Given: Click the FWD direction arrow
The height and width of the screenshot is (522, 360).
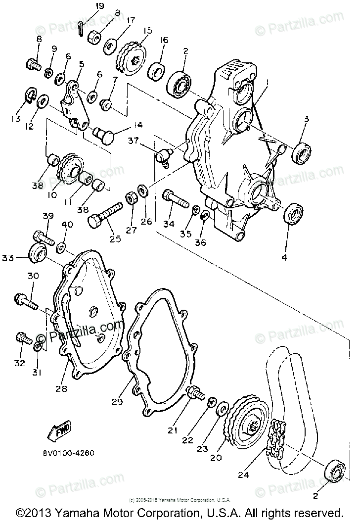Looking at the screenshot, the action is point(59,429).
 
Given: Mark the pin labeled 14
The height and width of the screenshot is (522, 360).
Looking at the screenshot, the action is point(104,132).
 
